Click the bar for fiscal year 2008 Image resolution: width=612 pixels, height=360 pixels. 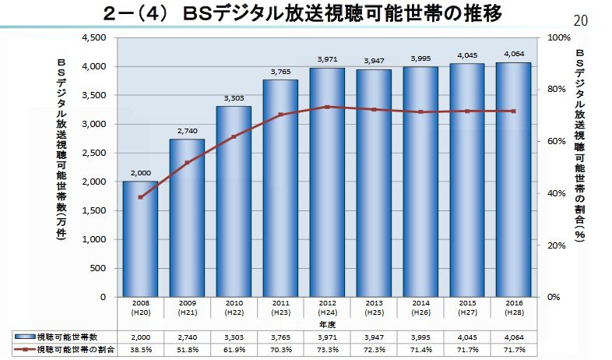pos(140,238)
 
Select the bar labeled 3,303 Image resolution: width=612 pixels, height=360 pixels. pos(234,201)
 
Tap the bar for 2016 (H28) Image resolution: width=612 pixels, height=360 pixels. pos(513,179)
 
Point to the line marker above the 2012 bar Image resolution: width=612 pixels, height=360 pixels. pos(327,107)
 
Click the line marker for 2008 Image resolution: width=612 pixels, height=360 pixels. pos(140,197)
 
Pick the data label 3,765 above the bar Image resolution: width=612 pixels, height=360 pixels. pos(280,72)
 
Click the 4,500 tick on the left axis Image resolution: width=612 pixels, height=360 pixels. pos(94,37)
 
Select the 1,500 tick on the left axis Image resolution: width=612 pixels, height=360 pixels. pos(94,210)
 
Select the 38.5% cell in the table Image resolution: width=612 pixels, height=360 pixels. pos(140,351)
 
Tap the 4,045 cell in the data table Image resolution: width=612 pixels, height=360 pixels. pos(466,337)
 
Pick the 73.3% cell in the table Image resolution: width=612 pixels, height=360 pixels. pos(327,351)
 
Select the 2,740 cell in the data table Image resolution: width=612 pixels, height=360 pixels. pos(187,337)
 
